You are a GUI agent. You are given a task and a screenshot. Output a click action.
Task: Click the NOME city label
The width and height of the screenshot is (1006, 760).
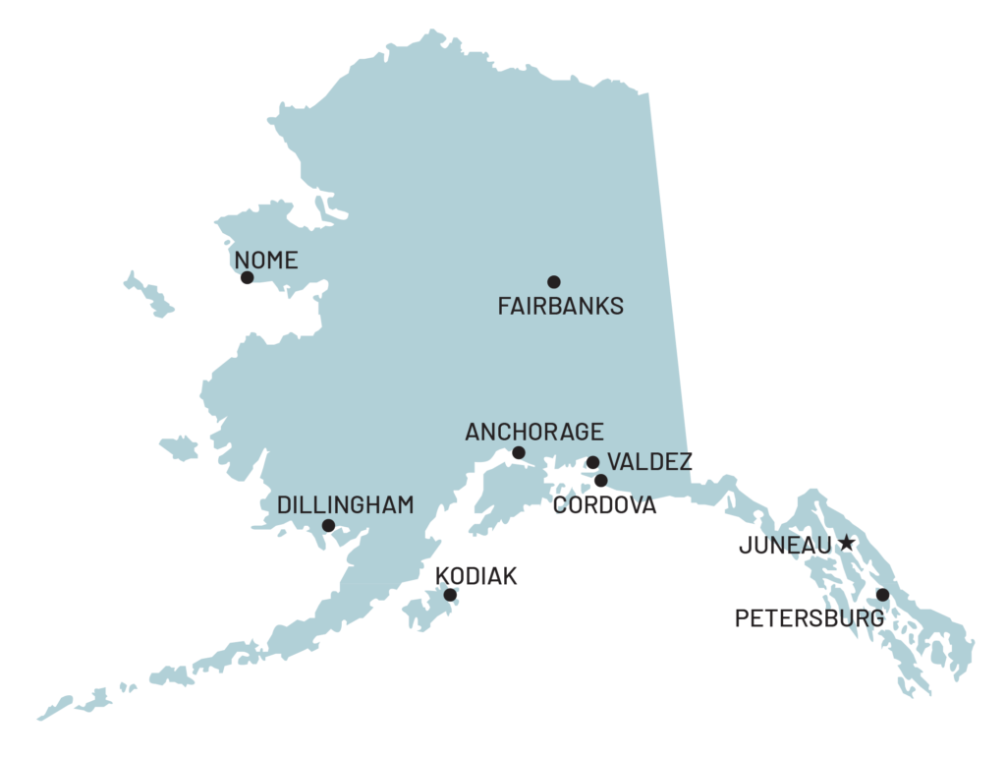click(266, 261)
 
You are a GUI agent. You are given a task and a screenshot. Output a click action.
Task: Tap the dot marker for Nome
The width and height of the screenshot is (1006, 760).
click(248, 278)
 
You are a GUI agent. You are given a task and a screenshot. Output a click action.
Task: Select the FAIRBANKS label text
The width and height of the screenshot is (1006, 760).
click(560, 306)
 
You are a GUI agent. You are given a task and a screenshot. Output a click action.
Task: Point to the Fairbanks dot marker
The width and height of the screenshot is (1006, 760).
click(554, 282)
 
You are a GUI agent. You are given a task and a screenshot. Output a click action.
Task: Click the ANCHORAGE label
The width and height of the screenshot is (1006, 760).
click(533, 432)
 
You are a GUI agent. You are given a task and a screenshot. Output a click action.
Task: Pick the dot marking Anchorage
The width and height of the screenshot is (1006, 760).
click(519, 453)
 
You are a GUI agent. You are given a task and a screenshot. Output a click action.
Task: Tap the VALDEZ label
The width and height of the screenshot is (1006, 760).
click(648, 462)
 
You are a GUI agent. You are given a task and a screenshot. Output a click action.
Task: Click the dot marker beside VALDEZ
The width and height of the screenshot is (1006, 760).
click(593, 463)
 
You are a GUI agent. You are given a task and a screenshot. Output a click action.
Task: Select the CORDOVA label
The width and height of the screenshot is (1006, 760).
click(605, 505)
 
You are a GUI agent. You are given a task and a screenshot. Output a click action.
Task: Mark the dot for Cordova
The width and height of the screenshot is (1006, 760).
click(600, 481)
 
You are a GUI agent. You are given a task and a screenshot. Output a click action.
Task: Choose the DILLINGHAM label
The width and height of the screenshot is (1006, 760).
click(345, 504)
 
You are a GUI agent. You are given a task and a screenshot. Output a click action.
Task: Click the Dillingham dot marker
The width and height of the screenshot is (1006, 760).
click(328, 526)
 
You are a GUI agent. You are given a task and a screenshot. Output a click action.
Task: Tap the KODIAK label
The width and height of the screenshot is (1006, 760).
click(475, 576)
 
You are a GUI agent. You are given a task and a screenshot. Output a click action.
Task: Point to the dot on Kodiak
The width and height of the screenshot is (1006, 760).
click(450, 595)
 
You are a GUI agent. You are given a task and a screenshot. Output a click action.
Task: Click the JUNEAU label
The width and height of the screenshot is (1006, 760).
click(784, 546)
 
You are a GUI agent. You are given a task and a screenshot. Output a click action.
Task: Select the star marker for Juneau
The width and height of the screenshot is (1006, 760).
click(848, 544)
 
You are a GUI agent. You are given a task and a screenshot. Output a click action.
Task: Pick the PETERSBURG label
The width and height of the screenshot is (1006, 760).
click(809, 618)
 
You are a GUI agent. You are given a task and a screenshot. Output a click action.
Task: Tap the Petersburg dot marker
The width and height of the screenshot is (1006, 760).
click(883, 595)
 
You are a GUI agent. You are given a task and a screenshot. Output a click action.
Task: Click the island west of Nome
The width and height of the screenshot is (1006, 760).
click(148, 294)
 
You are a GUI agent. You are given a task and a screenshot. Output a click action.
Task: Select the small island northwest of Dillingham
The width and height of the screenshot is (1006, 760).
click(180, 449)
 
